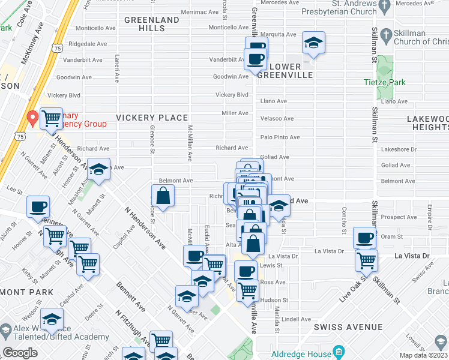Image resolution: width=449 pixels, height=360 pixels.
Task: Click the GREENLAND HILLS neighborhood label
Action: [x=152, y=24]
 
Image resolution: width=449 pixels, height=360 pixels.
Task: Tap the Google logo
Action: [x=20, y=353]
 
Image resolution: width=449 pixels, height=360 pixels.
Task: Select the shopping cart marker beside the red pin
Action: [x=52, y=118]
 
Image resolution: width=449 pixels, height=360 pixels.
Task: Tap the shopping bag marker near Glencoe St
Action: [x=163, y=195]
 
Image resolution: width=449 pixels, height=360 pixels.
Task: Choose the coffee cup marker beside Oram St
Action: [x=364, y=238]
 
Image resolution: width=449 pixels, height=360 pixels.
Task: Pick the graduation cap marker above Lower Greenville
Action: [x=313, y=43]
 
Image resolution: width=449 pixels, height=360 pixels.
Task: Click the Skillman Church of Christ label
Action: [x=420, y=37]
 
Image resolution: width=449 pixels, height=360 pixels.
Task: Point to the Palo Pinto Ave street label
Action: [x=280, y=137]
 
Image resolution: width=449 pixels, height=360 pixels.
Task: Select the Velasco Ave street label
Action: [x=277, y=119]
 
